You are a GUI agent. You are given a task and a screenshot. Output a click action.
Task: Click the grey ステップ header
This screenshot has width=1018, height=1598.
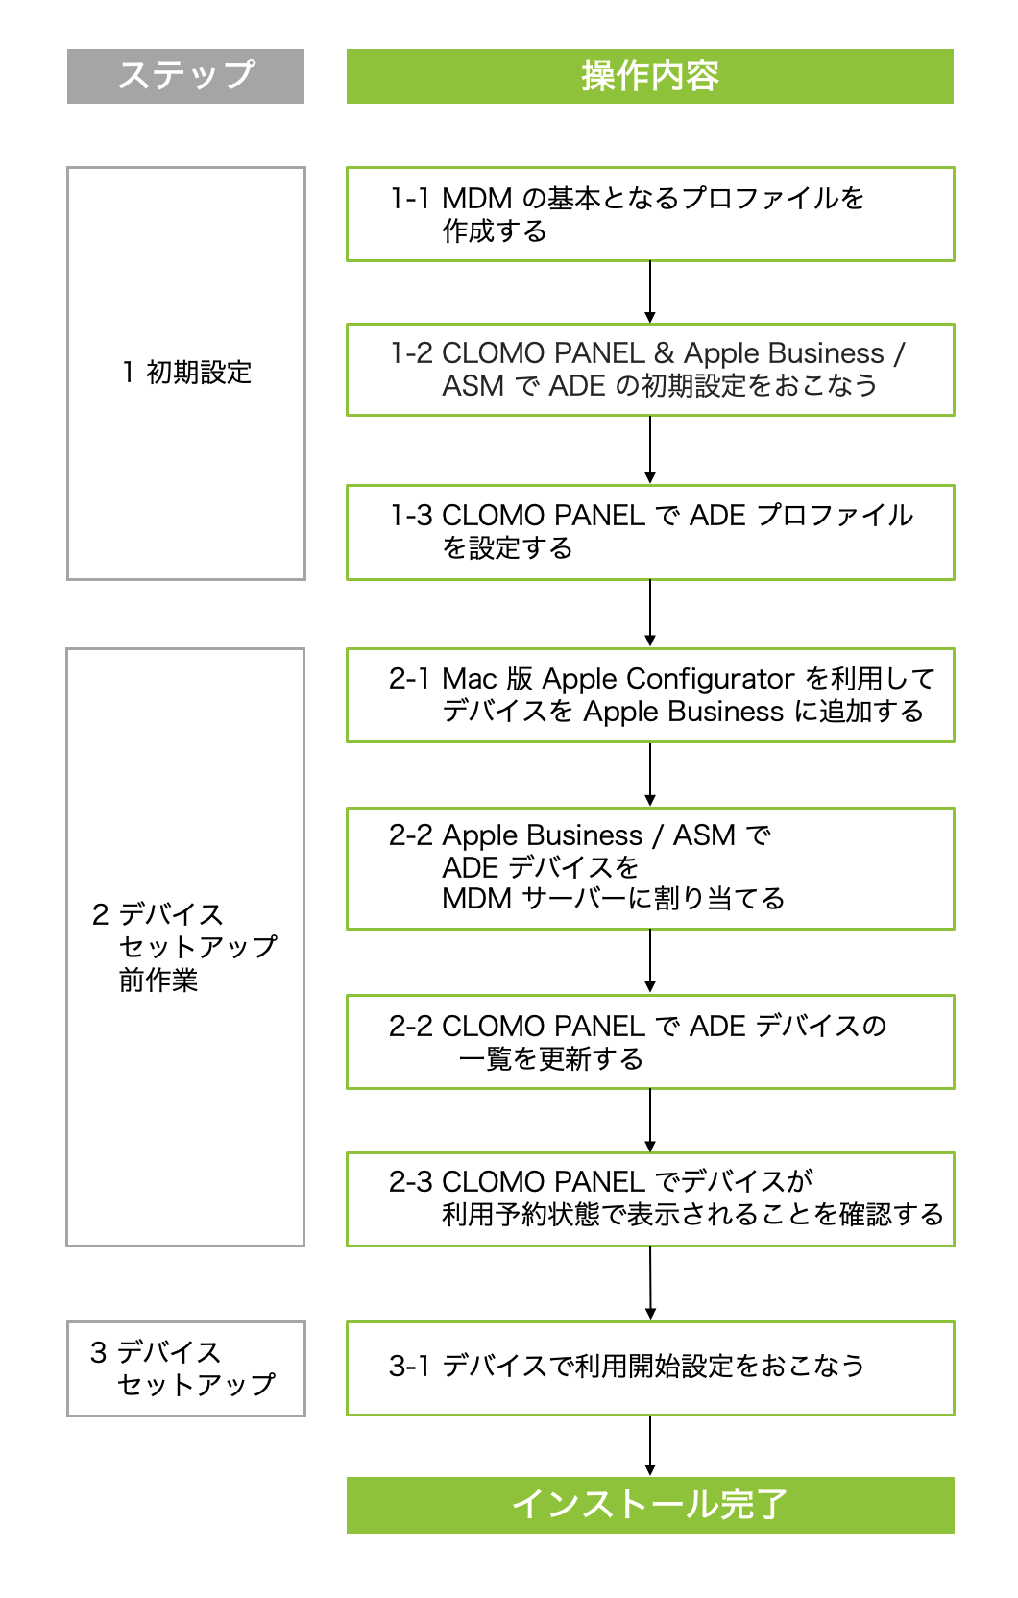185,76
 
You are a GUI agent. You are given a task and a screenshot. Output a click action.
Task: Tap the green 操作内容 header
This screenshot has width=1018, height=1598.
649,76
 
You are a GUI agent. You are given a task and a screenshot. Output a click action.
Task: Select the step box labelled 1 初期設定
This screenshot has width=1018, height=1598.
185,373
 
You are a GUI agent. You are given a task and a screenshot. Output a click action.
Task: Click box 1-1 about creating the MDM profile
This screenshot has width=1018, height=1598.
649,213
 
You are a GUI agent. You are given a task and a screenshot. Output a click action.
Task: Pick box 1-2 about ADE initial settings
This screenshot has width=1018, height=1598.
649,369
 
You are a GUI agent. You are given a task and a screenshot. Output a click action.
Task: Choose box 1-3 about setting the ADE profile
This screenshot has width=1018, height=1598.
649,531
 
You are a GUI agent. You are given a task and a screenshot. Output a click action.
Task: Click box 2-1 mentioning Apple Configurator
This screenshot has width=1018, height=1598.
649,694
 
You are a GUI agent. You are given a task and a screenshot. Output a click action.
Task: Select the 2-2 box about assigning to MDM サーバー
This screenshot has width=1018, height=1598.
649,867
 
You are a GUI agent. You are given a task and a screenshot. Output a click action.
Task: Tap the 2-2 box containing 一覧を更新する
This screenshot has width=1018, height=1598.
649,1041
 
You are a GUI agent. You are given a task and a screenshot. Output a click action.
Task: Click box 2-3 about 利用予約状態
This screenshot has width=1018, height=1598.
649,1198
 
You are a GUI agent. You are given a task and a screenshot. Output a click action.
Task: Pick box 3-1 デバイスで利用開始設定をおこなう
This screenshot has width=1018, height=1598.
649,1367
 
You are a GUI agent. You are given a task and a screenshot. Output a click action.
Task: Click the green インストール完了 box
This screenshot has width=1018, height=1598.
649,1504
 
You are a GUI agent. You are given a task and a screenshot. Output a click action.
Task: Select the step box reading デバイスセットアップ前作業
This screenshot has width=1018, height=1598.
185,947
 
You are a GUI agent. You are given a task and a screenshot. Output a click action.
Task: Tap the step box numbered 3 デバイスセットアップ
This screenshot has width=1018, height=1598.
185,1368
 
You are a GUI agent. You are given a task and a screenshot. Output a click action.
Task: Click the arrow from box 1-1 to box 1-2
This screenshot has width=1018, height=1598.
650,292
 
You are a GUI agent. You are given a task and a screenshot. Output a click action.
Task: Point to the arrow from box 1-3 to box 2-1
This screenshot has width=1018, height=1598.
650,613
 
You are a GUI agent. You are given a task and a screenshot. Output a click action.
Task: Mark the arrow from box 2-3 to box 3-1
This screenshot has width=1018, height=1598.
650,1283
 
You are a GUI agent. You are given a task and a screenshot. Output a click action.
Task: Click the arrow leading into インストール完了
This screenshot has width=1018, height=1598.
650,1445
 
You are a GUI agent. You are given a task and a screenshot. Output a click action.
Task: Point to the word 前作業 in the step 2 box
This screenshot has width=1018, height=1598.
158,981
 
